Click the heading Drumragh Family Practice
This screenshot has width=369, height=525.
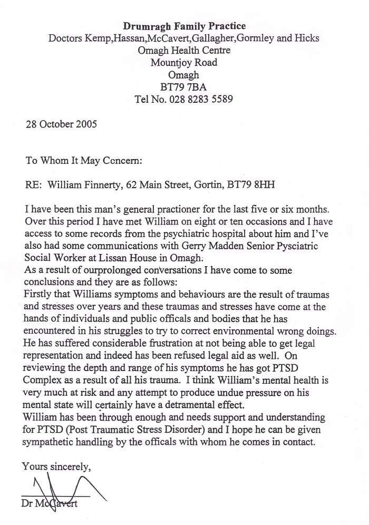coord(184,26)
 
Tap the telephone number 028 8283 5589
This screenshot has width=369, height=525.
coord(205,99)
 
